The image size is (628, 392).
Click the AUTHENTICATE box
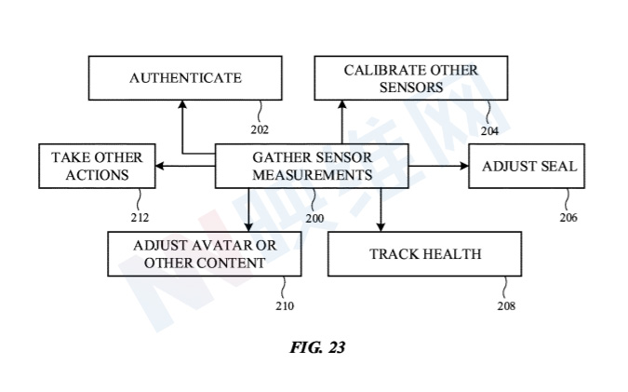[x=185, y=78]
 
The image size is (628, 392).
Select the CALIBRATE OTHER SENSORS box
[x=410, y=78]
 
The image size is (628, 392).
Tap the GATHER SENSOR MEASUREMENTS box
[x=313, y=166]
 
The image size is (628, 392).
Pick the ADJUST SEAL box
[x=529, y=167]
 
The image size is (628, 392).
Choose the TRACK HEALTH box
[x=425, y=253]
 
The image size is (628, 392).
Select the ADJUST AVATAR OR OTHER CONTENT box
[x=205, y=254]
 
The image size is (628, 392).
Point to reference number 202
[x=261, y=129]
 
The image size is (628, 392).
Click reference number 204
[x=489, y=131]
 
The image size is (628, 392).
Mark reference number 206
[x=568, y=218]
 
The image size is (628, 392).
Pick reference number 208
[x=506, y=305]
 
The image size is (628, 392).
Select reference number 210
[x=285, y=306]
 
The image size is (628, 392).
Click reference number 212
[x=140, y=219]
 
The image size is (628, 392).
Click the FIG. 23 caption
[x=316, y=347]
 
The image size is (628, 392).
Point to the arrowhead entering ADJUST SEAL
[x=463, y=167]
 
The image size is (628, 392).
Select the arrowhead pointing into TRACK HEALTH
[x=380, y=228]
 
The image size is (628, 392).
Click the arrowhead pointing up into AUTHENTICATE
[x=181, y=104]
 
